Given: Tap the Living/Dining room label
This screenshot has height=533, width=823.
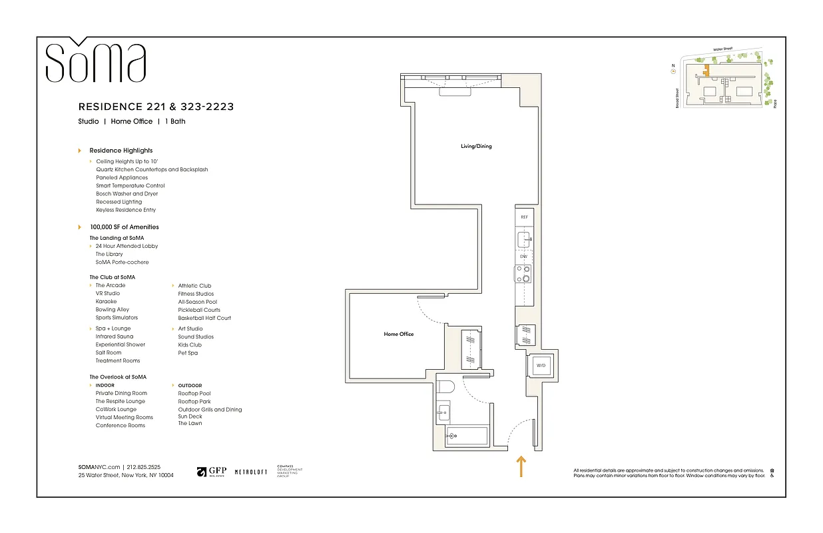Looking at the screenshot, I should click(x=476, y=146).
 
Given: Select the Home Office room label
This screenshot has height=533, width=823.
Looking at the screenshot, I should click(x=398, y=334).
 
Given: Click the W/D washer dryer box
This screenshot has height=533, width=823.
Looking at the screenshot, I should click(x=541, y=365).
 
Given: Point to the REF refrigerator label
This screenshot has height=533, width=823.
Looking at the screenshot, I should click(x=524, y=217).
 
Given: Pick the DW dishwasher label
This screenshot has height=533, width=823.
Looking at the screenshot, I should click(x=524, y=257).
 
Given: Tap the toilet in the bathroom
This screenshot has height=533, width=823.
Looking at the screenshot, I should click(x=445, y=386).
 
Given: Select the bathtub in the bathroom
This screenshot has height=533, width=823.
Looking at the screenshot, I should click(x=465, y=436).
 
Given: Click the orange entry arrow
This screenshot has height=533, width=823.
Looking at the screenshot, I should click(x=521, y=466).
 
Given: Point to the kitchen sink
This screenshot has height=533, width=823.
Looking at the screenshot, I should click(x=524, y=238).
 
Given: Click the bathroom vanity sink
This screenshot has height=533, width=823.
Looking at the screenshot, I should click(x=443, y=414).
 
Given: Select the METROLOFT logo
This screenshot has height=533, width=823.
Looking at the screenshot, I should click(x=251, y=472).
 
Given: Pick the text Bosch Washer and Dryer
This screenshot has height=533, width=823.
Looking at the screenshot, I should click(x=127, y=194).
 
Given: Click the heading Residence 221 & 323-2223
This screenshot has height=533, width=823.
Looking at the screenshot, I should click(x=156, y=107).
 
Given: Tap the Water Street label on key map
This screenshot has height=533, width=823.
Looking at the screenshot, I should click(x=722, y=49).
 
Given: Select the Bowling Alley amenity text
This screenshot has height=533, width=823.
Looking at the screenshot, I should click(x=112, y=310).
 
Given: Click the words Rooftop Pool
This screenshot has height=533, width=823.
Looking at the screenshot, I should click(x=194, y=394).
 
